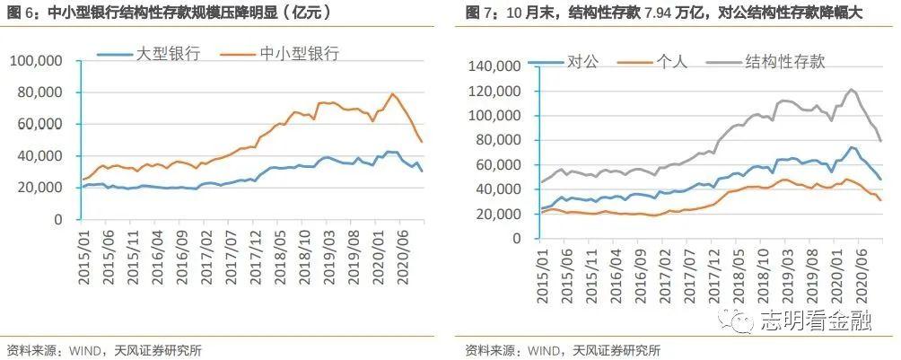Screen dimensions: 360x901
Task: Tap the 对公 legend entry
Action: (x=582, y=61)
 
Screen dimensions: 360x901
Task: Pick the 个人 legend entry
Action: (x=671, y=61)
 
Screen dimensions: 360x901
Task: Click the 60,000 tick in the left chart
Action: (x=39, y=124)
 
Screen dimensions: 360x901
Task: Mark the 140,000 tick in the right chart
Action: (x=494, y=66)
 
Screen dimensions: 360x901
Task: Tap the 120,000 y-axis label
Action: (x=494, y=92)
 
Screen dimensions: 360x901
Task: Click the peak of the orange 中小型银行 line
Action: (x=392, y=93)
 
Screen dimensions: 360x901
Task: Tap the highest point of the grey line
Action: (x=851, y=90)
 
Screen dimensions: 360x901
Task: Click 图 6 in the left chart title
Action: (x=20, y=13)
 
